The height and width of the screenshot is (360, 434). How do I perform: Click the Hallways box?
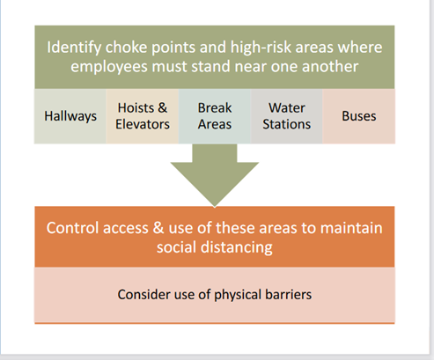click(x=70, y=116)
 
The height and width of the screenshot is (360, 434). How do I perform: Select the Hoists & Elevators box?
click(x=143, y=116)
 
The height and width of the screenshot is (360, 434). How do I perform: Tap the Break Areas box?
click(x=215, y=116)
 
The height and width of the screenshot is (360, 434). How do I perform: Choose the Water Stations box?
click(x=287, y=116)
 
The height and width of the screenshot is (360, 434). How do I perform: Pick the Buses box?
click(x=359, y=116)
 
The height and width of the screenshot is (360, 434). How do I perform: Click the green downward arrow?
click(x=215, y=175)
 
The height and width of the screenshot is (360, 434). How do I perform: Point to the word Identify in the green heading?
click(x=74, y=48)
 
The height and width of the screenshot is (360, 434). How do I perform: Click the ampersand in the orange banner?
click(x=158, y=228)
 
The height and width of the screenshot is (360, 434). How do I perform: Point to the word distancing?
click(x=237, y=247)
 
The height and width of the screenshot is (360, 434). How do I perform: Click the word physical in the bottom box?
click(x=237, y=295)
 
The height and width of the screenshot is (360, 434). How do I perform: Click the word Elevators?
click(x=143, y=124)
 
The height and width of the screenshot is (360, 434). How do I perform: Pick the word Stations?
click(x=287, y=124)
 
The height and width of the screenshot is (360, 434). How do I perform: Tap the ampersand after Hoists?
click(x=163, y=108)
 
